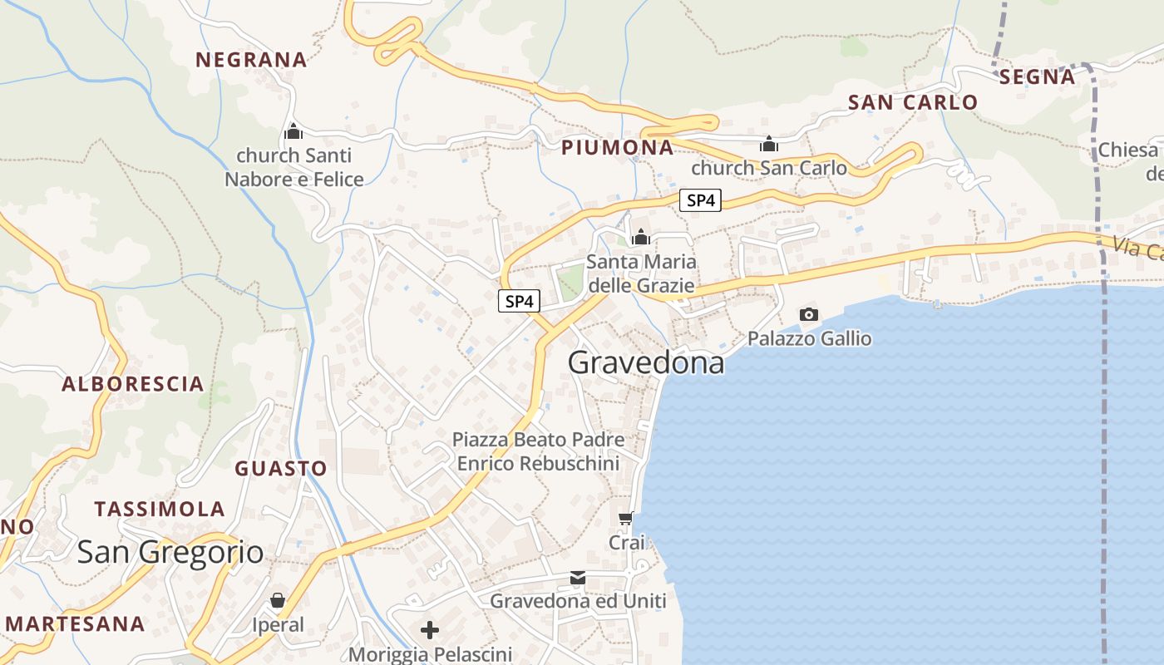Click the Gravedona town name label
pyautogui.click(x=646, y=363)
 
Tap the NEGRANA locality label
pyautogui.click(x=251, y=60)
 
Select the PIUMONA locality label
pyautogui.click(x=617, y=148)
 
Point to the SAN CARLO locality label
pyautogui.click(x=913, y=102)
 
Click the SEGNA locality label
pyautogui.click(x=1037, y=77)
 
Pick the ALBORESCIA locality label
pyautogui.click(x=133, y=384)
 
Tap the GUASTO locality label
pyautogui.click(x=281, y=469)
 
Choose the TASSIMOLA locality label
pyautogui.click(x=160, y=509)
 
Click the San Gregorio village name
pyautogui.click(x=170, y=553)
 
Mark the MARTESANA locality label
pyautogui.click(x=75, y=623)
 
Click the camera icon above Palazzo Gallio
pyautogui.click(x=808, y=314)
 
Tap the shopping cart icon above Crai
pyautogui.click(x=626, y=518)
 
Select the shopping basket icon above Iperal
pyautogui.click(x=278, y=600)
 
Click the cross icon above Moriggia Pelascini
pyautogui.click(x=430, y=630)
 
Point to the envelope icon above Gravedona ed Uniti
pyautogui.click(x=578, y=577)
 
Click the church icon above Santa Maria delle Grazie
pyautogui.click(x=640, y=237)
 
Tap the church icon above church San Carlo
pyautogui.click(x=769, y=144)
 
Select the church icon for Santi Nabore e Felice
pyautogui.click(x=293, y=131)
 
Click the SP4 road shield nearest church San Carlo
pyautogui.click(x=700, y=200)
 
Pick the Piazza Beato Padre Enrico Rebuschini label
pyautogui.click(x=539, y=451)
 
